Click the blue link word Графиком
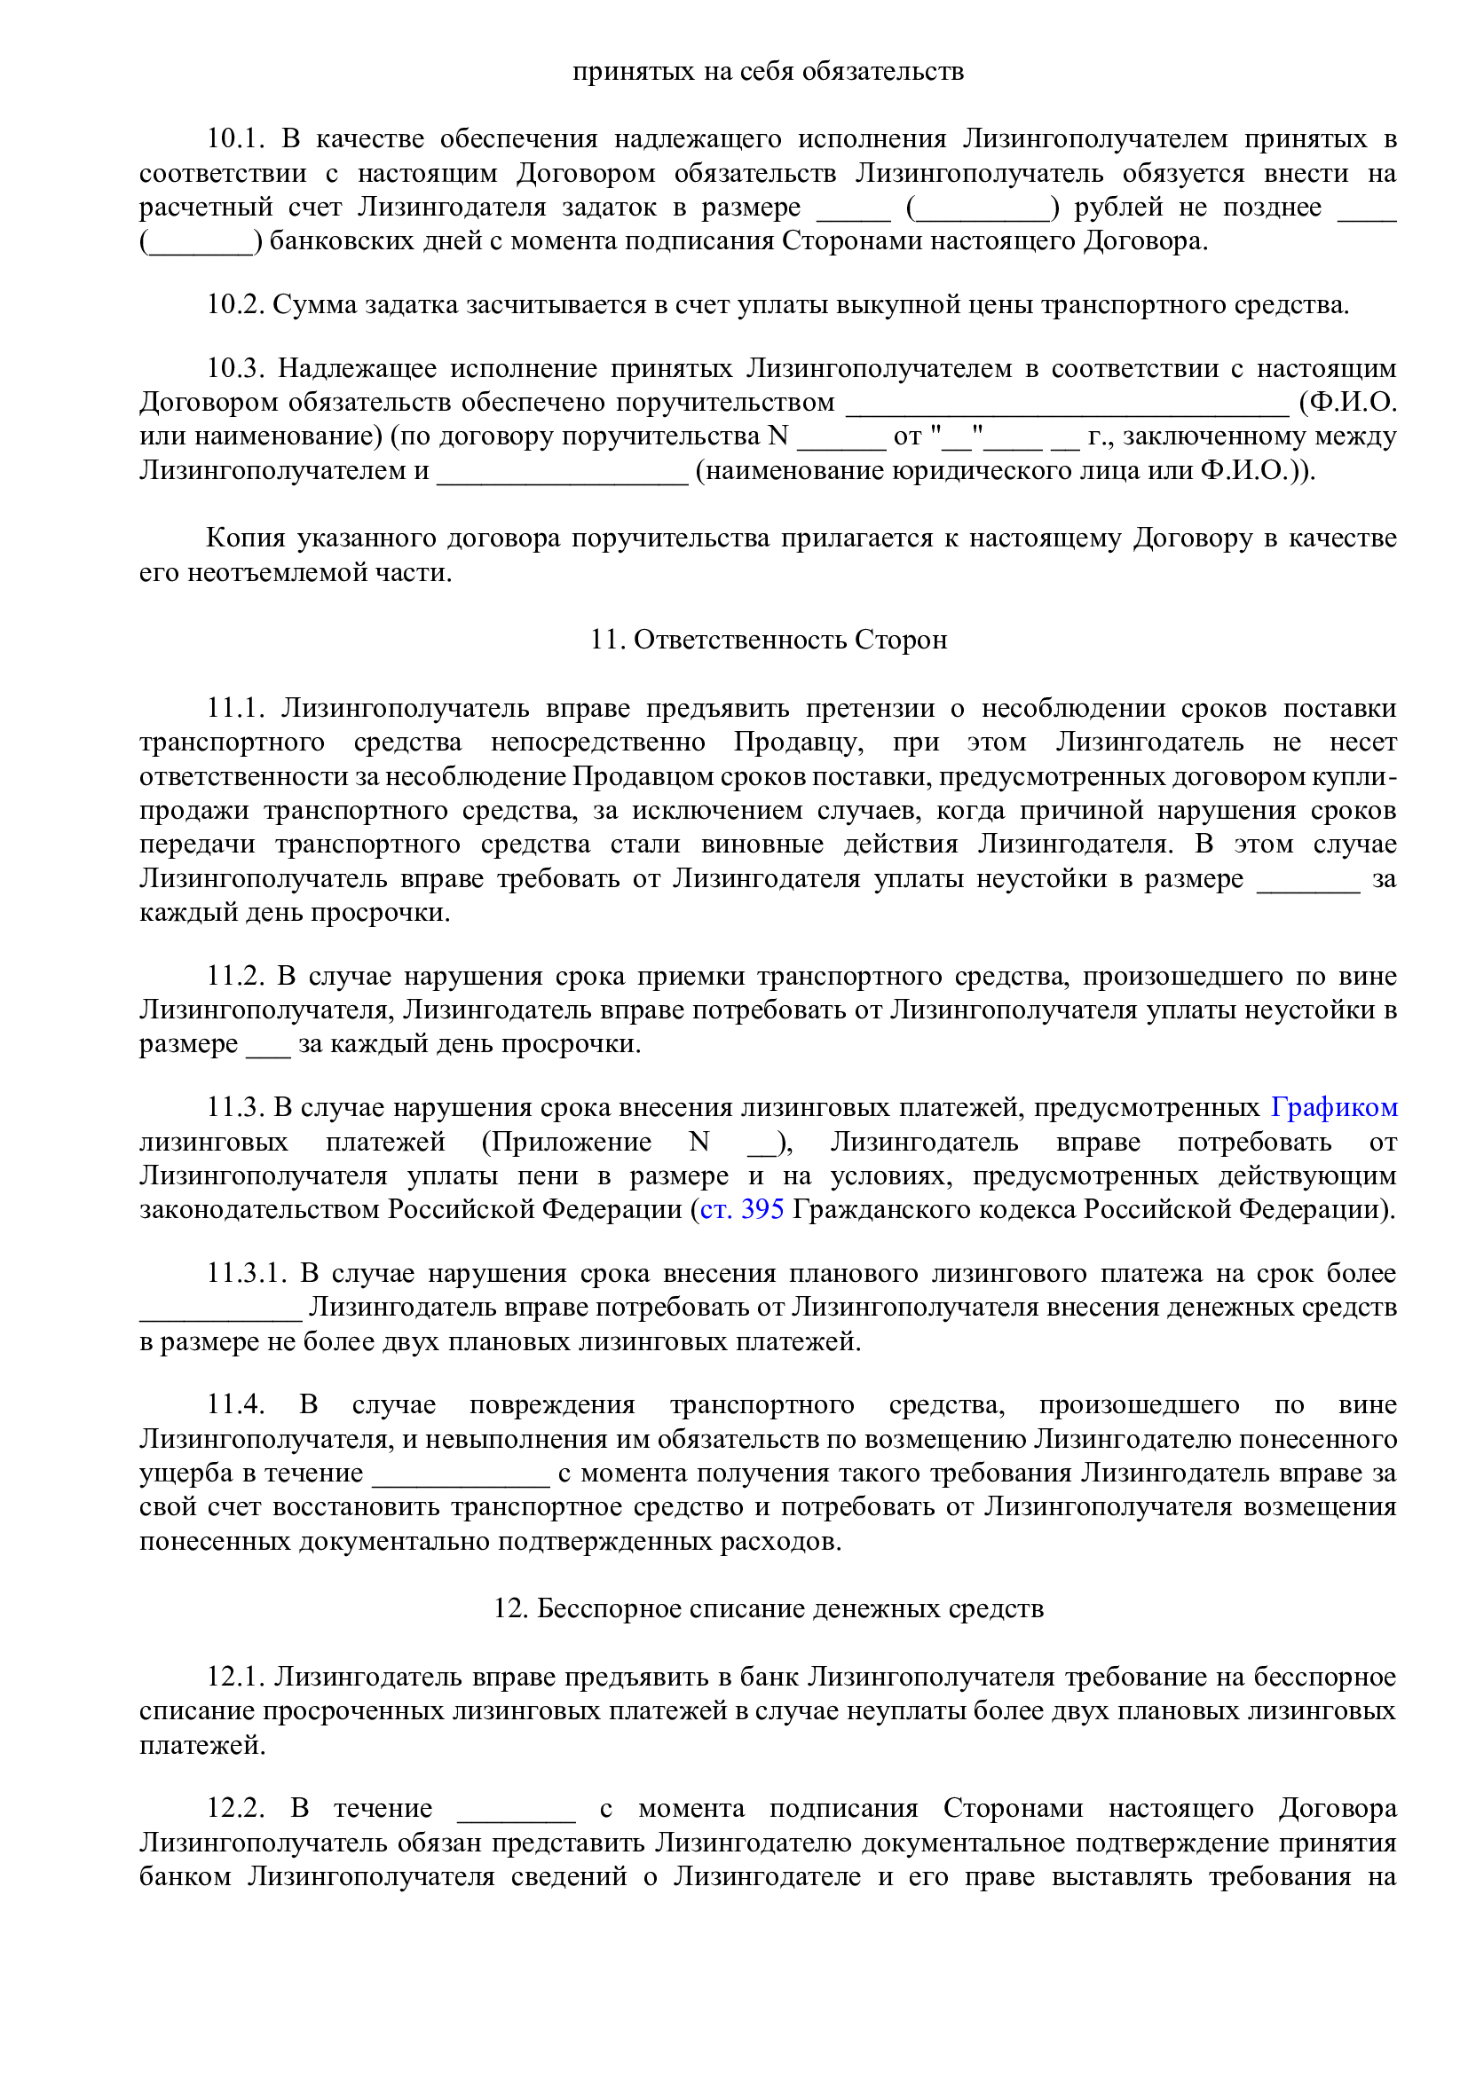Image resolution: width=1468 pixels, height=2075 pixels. coord(1333,1107)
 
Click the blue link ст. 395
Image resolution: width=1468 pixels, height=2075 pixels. coord(741,1209)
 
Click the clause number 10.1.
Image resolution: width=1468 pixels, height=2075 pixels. coord(235,138)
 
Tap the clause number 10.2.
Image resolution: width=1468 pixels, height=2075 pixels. coord(235,304)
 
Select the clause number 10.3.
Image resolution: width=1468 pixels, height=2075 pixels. coord(235,368)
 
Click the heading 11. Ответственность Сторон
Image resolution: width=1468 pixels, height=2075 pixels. coord(769,640)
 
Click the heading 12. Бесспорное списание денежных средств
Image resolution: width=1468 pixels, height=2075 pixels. coord(769,1608)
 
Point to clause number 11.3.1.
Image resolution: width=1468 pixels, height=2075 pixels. coord(246,1273)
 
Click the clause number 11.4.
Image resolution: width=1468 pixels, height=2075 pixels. coord(235,1404)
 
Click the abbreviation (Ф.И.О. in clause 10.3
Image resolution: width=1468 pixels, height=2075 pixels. coord(1347,402)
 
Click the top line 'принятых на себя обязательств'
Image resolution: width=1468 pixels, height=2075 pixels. coord(769,71)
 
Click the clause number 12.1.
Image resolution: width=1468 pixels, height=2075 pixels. coord(235,1677)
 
